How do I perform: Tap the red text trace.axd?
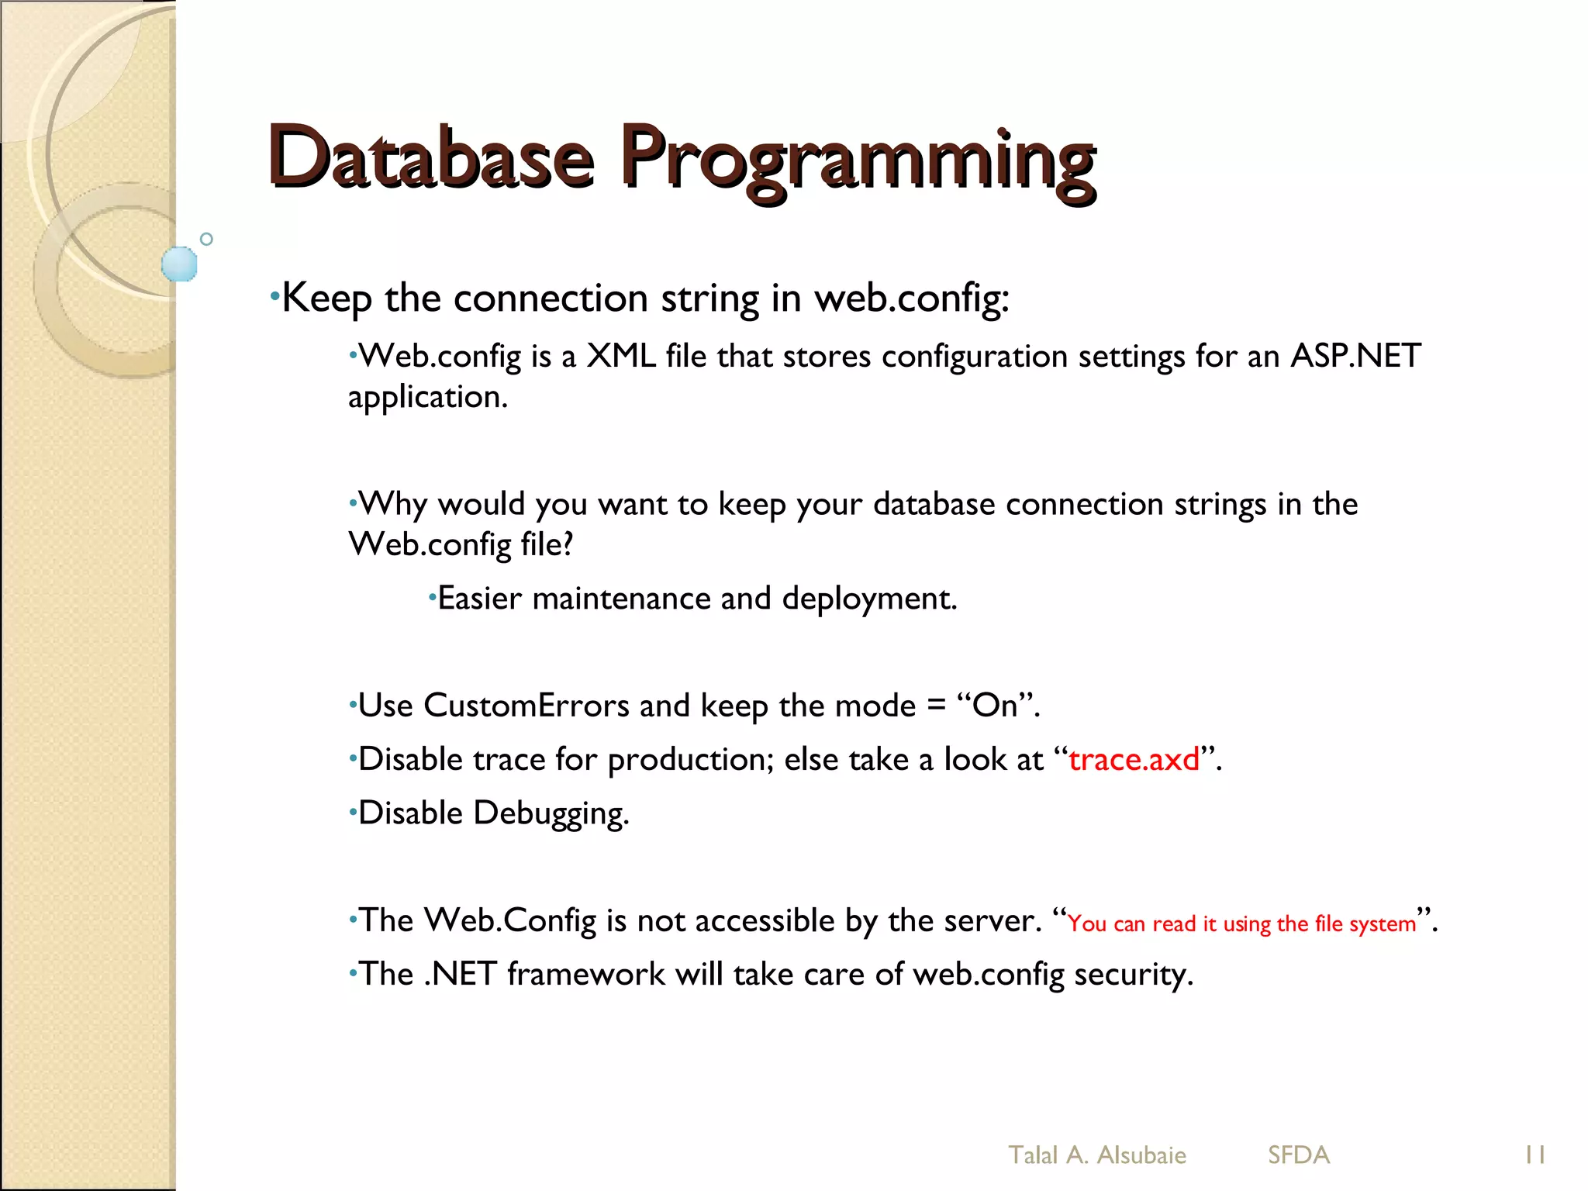point(1134,760)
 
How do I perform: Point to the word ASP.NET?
point(1355,357)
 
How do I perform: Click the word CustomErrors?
point(526,706)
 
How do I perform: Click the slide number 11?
point(1534,1155)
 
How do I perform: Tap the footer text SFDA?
point(1299,1155)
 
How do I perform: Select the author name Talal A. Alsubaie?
point(1096,1155)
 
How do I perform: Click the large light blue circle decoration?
point(179,264)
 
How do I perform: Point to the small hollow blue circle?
point(206,239)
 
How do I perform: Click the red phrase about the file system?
point(1241,924)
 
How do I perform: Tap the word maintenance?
point(620,599)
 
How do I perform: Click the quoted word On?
point(996,706)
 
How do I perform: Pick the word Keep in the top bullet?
point(326,299)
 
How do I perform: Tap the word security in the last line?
point(1131,975)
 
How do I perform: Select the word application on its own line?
point(426,397)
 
